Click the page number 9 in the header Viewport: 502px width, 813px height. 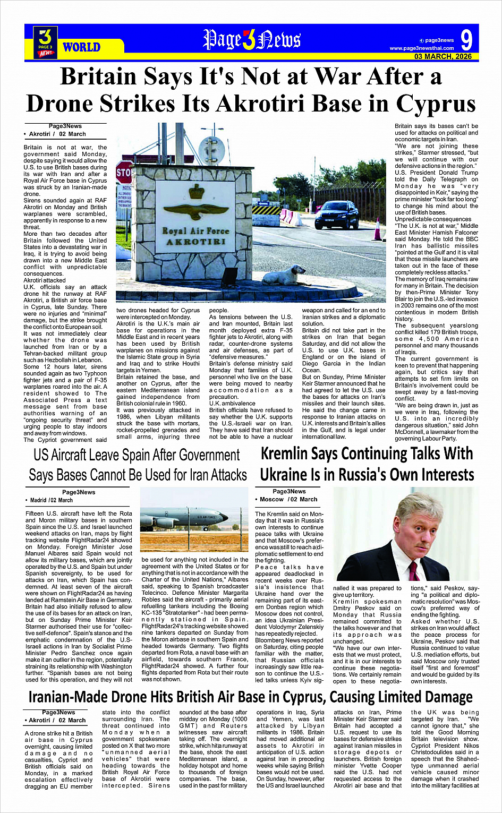coord(466,40)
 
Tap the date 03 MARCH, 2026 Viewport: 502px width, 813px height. coord(443,56)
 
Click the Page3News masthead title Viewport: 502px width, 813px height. coord(252,40)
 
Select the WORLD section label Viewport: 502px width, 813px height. coord(81,47)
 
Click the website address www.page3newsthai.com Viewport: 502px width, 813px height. coord(422,48)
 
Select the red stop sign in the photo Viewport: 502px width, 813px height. coord(123,172)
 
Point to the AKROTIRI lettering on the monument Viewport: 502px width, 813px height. coord(196,242)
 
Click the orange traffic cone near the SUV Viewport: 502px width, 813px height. coord(378,229)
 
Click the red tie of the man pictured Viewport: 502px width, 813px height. coord(414,571)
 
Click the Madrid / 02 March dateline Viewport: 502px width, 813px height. coord(52,500)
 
